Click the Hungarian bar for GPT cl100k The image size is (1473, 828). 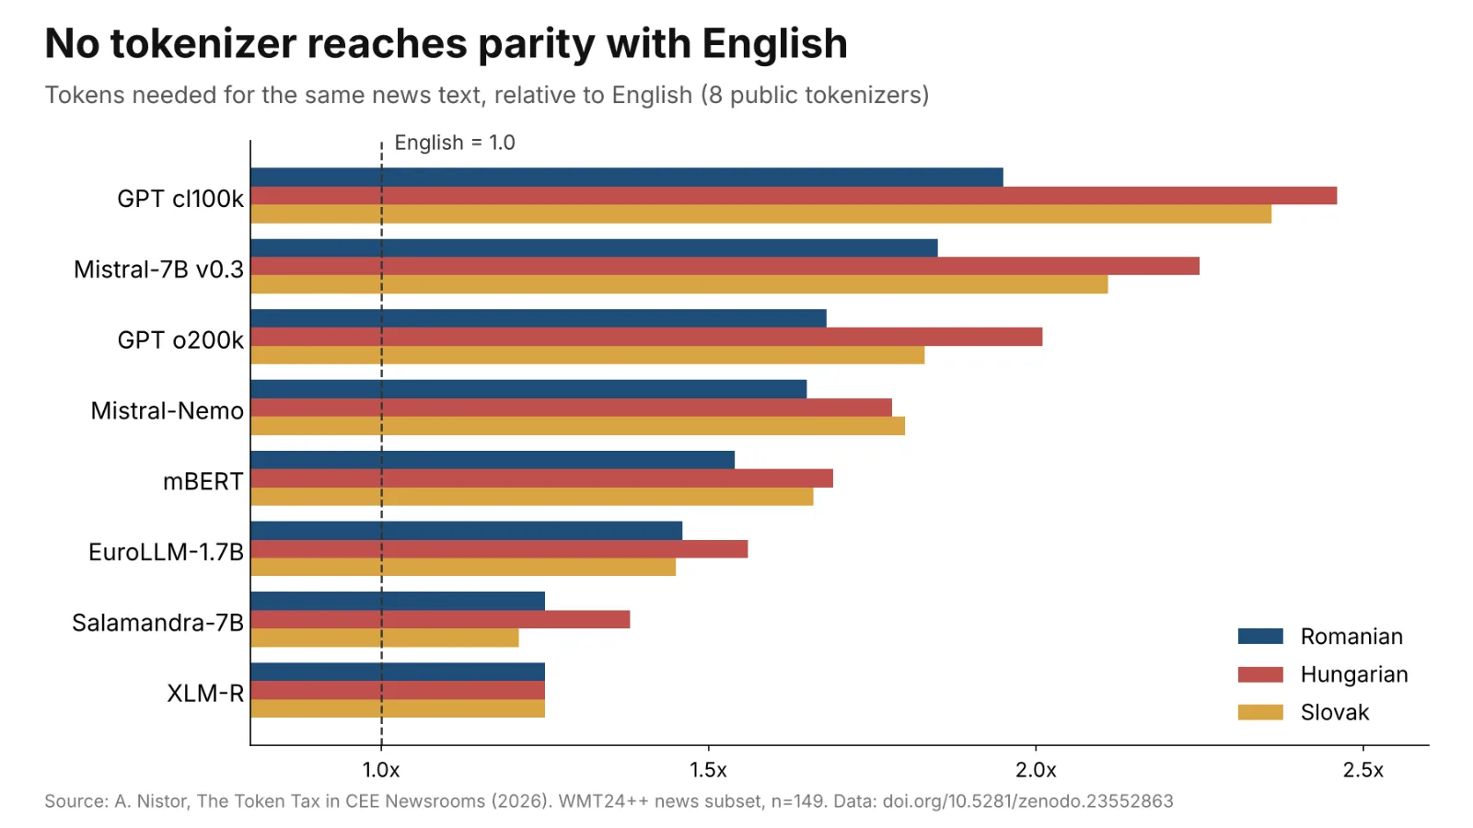(794, 196)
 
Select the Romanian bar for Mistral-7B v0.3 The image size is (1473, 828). (595, 247)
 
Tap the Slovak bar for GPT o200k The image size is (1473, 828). (588, 355)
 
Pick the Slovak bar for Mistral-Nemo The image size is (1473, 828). (578, 426)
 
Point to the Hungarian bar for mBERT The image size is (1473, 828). (542, 478)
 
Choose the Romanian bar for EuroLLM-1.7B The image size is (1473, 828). (467, 530)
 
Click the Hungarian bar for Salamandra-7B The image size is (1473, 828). (441, 619)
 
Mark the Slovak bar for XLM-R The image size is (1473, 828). (398, 708)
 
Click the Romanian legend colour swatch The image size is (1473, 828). (1260, 636)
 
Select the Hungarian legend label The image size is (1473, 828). (1354, 674)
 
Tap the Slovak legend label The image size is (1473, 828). (1335, 712)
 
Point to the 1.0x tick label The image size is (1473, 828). (381, 770)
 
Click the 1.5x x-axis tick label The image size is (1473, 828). (708, 770)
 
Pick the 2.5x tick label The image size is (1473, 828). (1363, 770)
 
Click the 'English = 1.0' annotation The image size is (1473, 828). (455, 143)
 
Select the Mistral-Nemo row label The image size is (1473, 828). (167, 410)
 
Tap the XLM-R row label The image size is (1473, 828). (205, 694)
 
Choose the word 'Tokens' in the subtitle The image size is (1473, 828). (85, 96)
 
